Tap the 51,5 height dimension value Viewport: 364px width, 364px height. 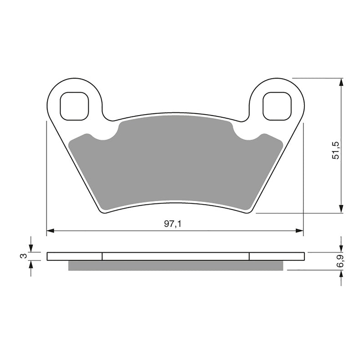click(336, 150)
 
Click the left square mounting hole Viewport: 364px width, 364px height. click(74, 106)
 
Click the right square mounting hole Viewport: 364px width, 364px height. click(276, 106)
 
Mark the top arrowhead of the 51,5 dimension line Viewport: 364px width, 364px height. click(340, 82)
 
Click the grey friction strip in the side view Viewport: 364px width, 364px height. click(176, 266)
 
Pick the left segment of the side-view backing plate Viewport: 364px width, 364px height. click(75, 256)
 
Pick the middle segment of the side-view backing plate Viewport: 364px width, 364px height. click(176, 256)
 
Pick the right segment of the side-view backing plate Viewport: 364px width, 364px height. click(276, 256)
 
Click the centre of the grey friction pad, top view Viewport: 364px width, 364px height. click(176, 162)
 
